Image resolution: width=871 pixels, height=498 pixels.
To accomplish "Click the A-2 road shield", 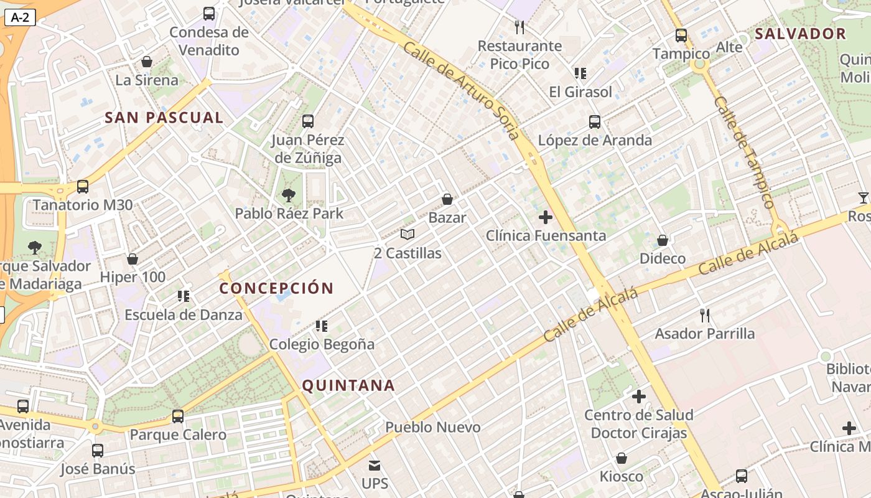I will [20, 17].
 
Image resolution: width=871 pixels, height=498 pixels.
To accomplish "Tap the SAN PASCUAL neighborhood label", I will [164, 118].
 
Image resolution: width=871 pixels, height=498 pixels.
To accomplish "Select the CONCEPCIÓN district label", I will [276, 288].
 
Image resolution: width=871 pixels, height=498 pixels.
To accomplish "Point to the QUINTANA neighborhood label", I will [348, 385].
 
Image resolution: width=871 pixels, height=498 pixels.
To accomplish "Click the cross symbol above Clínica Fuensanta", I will [546, 217].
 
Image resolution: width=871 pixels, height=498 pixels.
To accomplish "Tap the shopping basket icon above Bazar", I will [447, 199].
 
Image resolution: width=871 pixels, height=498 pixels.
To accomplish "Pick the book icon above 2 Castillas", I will [408, 235].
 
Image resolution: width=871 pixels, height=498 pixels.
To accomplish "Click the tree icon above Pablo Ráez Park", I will [288, 195].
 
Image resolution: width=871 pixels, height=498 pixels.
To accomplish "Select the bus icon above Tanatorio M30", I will [82, 186].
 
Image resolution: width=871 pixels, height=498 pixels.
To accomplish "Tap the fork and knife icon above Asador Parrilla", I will [704, 316].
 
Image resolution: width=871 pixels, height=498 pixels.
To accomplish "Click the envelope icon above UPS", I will [375, 465].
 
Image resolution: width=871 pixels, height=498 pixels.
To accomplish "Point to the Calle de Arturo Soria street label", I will [460, 90].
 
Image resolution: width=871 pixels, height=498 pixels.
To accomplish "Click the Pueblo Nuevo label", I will [433, 427].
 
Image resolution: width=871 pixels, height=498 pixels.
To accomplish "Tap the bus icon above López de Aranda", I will [595, 122].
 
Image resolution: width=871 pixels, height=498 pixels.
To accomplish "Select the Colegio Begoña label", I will [322, 344].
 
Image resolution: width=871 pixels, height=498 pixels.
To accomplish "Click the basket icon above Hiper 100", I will [132, 259].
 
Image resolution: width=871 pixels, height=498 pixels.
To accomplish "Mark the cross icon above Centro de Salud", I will [638, 396].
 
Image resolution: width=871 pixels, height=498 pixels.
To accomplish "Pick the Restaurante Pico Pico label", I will [519, 55].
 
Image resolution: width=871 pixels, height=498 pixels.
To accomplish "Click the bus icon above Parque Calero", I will [178, 416].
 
